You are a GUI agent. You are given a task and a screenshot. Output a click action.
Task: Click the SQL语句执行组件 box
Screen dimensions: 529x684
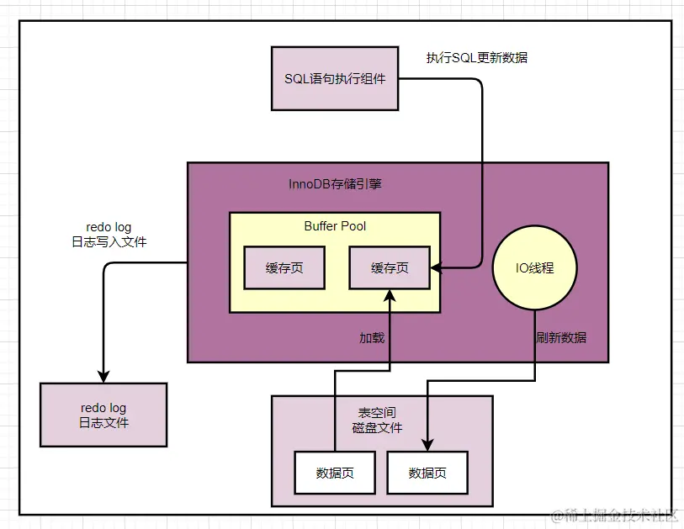335,78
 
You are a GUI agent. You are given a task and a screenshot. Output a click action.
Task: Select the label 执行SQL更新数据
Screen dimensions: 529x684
477,58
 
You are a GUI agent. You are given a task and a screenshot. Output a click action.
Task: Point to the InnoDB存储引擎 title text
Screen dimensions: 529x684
336,183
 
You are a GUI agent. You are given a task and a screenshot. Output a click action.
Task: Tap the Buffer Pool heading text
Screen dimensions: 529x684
335,226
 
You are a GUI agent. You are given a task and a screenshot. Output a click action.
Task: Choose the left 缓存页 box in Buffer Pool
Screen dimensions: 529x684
284,268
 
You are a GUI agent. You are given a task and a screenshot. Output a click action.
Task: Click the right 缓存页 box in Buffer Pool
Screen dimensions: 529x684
390,268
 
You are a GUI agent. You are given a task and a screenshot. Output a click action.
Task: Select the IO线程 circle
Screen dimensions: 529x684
535,268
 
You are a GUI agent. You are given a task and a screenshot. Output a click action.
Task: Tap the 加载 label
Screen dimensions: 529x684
372,338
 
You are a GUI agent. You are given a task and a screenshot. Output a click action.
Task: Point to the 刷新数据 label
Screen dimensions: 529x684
561,338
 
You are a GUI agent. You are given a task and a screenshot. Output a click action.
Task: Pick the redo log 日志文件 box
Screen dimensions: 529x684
103,415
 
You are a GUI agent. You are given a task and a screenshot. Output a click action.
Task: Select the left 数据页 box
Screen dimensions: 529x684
335,473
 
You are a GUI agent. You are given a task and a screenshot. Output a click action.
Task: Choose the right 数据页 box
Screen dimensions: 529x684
427,473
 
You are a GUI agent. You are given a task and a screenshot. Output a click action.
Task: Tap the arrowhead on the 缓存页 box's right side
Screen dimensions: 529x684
437,268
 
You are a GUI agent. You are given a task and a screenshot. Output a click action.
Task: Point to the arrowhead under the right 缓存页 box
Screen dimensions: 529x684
390,294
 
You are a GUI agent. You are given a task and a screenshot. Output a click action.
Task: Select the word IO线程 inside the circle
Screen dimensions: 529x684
535,268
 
